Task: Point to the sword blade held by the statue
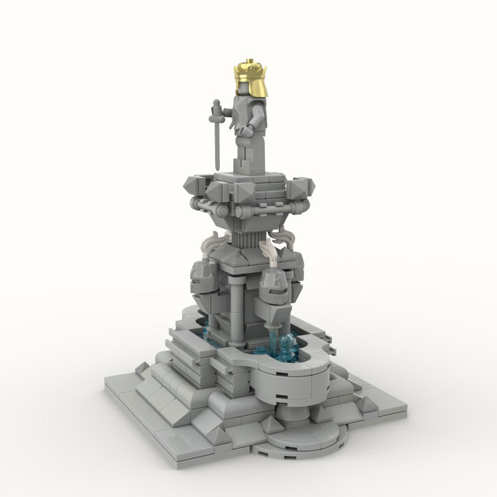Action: coord(215,140)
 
